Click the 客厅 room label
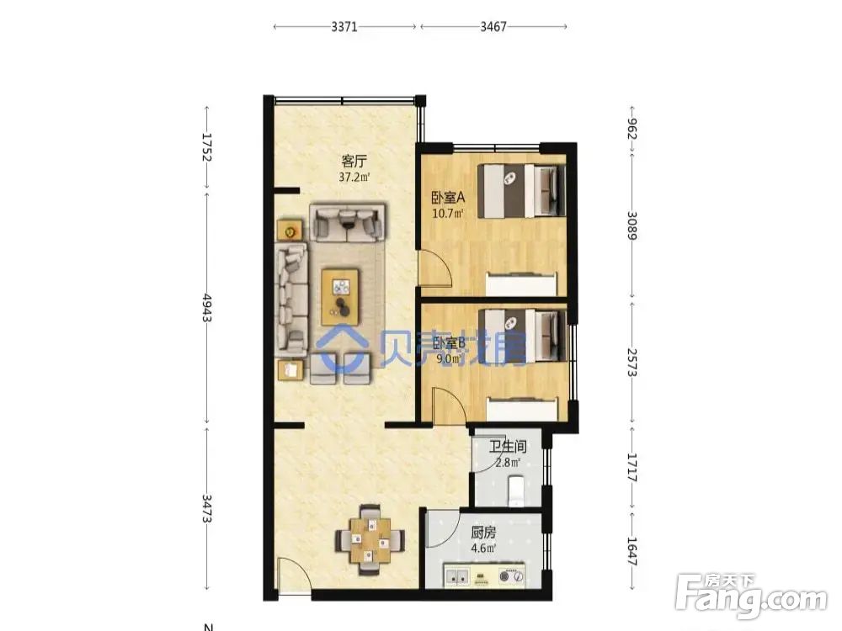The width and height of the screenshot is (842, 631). (x=354, y=161)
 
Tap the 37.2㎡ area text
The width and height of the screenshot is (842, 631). (x=354, y=177)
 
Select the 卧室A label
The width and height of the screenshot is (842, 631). (x=449, y=198)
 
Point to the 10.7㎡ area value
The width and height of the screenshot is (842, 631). (x=448, y=213)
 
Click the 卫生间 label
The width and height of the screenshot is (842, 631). (x=508, y=447)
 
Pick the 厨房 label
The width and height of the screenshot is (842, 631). (x=483, y=533)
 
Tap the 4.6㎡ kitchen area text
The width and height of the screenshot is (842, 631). (x=483, y=549)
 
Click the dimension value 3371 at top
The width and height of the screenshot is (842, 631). (x=344, y=26)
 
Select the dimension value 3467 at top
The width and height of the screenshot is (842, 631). (x=493, y=26)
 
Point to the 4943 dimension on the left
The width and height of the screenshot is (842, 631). (x=207, y=307)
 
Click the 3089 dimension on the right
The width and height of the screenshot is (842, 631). (x=632, y=225)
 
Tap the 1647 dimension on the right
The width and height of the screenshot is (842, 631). (x=632, y=552)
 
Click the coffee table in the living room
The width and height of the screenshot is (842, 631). (x=340, y=297)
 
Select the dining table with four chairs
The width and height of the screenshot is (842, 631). (x=370, y=539)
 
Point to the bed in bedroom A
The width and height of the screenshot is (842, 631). (x=521, y=190)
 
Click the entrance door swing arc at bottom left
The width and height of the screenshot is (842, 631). (x=300, y=566)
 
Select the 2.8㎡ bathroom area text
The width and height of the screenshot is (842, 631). (x=508, y=462)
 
